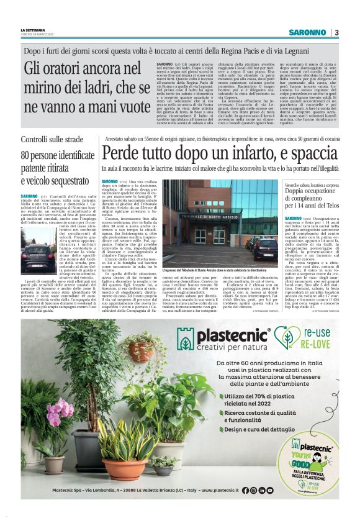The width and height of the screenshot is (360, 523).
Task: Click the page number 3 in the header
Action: click(x=336, y=32)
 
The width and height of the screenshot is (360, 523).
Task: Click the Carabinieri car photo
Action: click(x=38, y=258)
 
